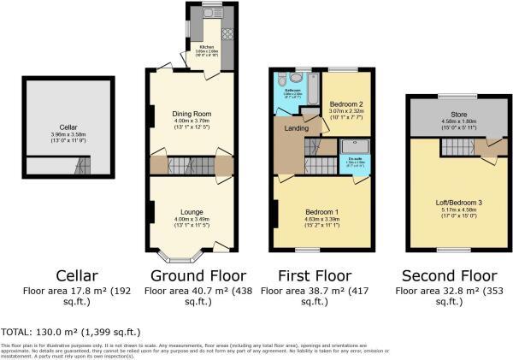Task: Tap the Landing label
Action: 297,129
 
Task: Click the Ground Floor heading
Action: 198,276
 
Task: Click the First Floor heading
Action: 316,276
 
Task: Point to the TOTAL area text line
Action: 71,331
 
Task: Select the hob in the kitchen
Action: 227,34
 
